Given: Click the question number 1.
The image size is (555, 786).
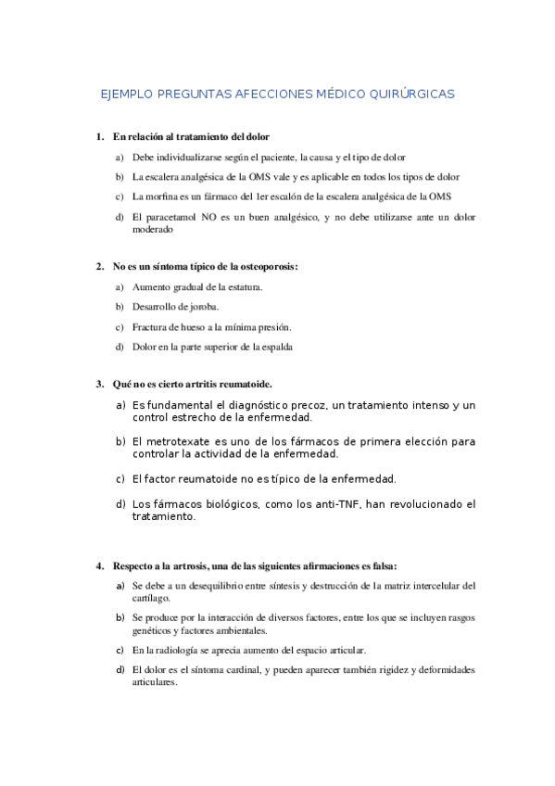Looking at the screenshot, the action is [x=99, y=137].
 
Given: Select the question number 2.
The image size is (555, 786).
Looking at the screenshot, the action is [x=99, y=267].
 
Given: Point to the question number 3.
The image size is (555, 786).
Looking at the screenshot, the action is [x=99, y=384].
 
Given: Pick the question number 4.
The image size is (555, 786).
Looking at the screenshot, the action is [x=99, y=565].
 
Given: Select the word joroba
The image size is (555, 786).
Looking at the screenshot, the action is [x=204, y=307].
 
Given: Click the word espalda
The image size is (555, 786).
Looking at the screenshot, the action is [x=276, y=348].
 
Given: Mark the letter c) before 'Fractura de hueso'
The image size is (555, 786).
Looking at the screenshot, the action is [x=120, y=327].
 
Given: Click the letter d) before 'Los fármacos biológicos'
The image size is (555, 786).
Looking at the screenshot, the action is [x=120, y=504].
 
